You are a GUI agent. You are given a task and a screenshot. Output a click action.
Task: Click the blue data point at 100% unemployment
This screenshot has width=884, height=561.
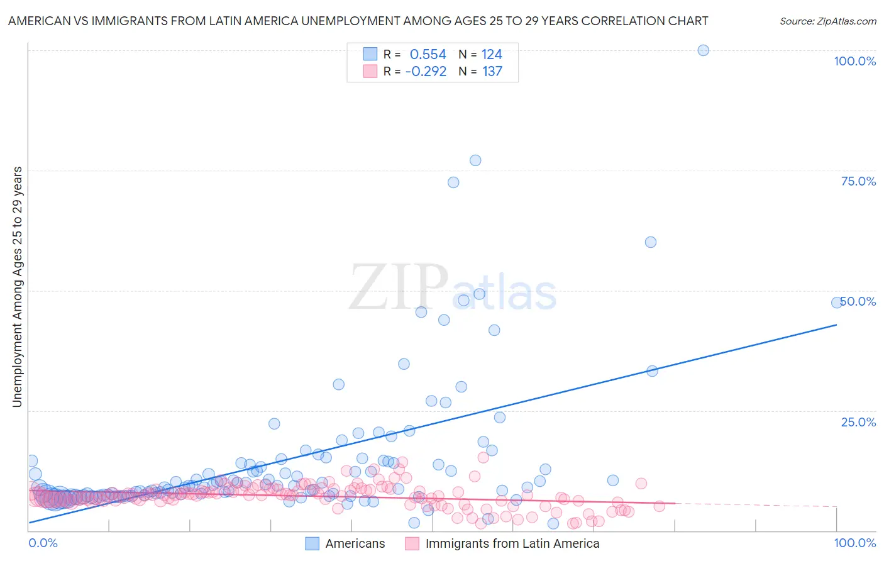[x=703, y=50]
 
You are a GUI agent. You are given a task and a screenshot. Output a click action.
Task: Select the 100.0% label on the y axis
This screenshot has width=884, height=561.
[x=854, y=61]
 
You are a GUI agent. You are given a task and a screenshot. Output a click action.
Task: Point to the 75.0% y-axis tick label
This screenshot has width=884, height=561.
[x=858, y=181]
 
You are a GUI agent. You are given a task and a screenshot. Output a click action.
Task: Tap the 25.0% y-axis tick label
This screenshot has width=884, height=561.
[x=858, y=421]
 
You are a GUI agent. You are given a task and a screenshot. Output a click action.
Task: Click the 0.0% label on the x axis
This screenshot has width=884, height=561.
[x=43, y=543]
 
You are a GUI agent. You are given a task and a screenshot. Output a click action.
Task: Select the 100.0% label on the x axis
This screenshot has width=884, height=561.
[x=854, y=543]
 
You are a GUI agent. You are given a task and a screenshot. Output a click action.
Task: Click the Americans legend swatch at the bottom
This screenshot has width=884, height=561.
[x=312, y=543]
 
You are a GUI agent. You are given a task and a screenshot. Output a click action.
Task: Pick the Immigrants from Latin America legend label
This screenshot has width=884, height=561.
[x=512, y=543]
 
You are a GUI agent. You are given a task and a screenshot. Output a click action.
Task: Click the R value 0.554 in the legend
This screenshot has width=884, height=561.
[x=428, y=54]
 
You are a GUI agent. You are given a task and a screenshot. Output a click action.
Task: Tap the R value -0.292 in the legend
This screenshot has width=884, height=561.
[x=426, y=71]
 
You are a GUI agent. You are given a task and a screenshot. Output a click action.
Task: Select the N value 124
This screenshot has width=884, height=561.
[x=492, y=54]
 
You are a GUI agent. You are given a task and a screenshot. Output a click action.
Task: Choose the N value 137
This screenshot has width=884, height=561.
[x=492, y=71]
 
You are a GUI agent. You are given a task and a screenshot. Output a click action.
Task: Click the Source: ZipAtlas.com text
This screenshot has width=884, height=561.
[x=827, y=21]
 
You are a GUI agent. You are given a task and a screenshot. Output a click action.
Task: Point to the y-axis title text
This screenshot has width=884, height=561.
[x=17, y=287]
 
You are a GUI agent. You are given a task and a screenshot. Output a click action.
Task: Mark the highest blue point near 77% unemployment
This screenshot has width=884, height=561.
[x=475, y=160]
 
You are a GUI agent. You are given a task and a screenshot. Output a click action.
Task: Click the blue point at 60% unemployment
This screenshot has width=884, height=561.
[x=651, y=242]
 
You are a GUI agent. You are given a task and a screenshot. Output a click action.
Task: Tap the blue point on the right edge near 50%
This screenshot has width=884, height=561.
[x=837, y=303]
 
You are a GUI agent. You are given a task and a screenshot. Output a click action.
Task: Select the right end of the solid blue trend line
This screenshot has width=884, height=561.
[x=836, y=325]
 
